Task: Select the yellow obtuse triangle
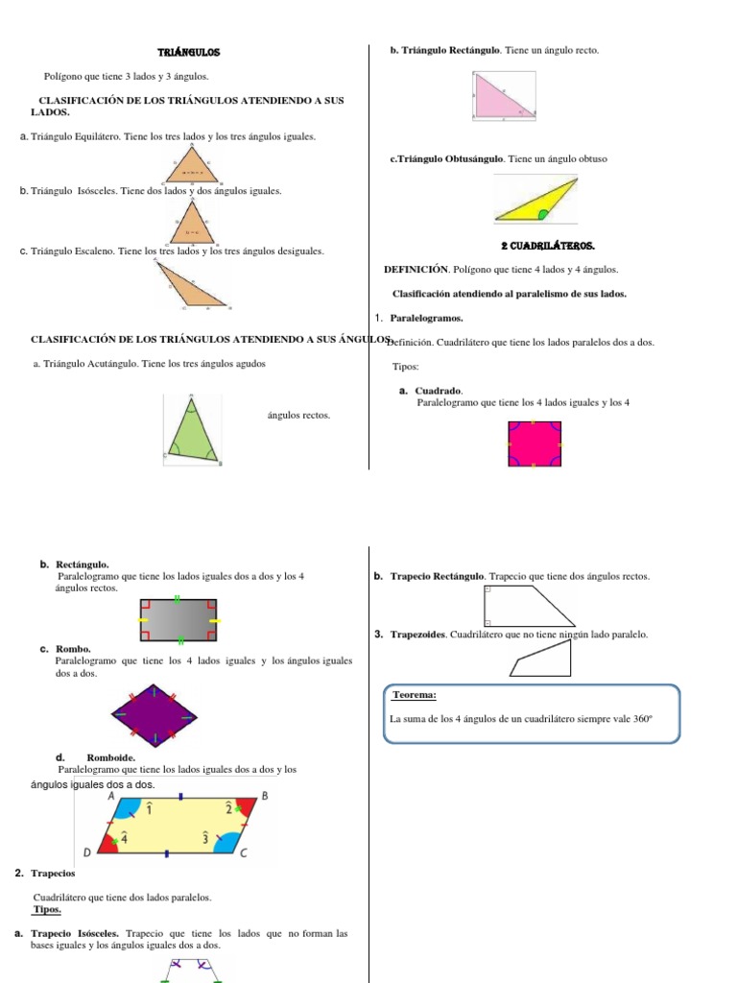537,202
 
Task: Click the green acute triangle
192,429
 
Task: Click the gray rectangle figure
178,620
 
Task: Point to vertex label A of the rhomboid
111,796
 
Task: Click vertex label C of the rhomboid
244,852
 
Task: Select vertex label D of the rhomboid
86,852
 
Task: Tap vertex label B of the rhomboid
265,796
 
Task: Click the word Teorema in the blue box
416,695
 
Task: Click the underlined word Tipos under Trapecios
47,909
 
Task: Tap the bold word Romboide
110,757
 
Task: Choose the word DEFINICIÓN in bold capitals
416,270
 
